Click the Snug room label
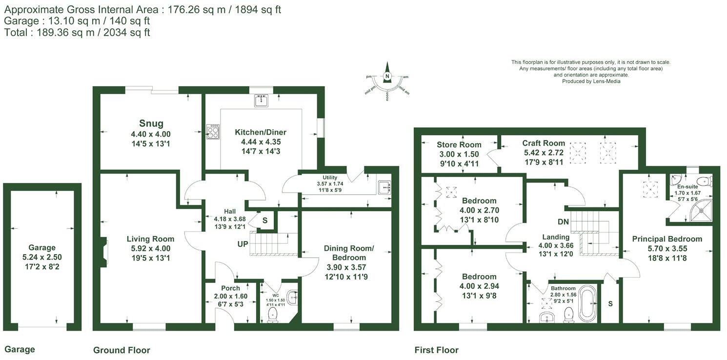[x=151, y=123]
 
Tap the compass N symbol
[x=387, y=76]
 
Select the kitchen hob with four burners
[x=213, y=132]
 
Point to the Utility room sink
[x=384, y=187]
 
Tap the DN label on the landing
[x=563, y=221]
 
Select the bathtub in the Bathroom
[x=587, y=302]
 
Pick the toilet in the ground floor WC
[x=273, y=314]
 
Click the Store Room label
[x=459, y=144]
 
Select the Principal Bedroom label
[x=667, y=239]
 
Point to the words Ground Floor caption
[x=121, y=350]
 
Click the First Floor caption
[x=436, y=350]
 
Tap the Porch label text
[x=230, y=288]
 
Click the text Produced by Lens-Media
[x=591, y=81]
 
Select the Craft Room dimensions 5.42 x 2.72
[x=544, y=153]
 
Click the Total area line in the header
[x=77, y=33]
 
